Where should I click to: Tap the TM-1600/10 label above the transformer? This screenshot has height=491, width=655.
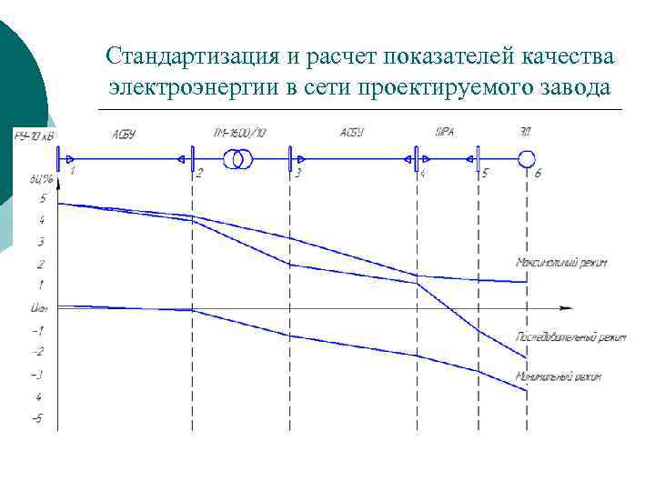[240, 134]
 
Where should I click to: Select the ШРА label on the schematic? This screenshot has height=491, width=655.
[445, 133]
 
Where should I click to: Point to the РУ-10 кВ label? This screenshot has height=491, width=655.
[34, 135]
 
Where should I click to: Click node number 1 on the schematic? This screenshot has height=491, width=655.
[72, 171]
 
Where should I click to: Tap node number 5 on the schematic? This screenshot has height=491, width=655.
[485, 172]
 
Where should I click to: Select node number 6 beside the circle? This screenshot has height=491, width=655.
[538, 172]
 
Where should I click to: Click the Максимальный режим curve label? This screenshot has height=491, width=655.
[561, 263]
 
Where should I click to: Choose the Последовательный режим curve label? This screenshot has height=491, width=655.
[571, 337]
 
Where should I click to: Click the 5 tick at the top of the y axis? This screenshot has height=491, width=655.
[41, 198]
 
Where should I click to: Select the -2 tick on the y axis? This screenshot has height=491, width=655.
[37, 352]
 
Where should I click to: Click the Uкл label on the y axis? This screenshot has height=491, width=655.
[38, 308]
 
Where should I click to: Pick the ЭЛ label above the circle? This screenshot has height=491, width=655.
[526, 133]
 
